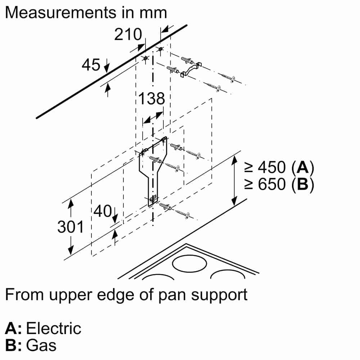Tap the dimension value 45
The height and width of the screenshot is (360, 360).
pos(91,65)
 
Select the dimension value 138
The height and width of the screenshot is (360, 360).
pos(152,98)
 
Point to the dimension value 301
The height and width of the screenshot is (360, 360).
pos(71,227)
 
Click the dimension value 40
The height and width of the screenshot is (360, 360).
pos(103,211)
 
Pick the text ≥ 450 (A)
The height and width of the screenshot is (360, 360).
pos(279,167)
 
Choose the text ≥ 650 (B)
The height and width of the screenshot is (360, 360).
pos(279,185)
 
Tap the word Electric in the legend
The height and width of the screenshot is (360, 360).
pos(54,329)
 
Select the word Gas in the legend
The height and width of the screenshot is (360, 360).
pos(42,346)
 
